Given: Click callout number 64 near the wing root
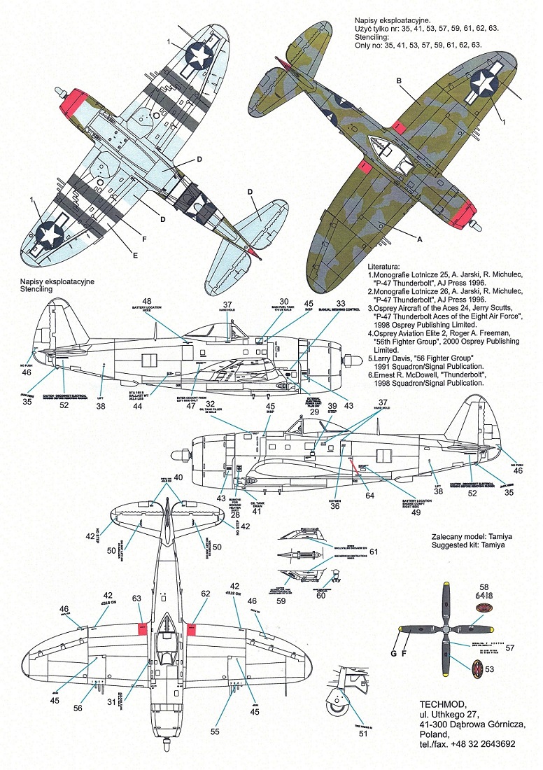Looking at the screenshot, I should coord(369,496).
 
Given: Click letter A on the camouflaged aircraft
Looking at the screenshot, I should coord(419,238).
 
